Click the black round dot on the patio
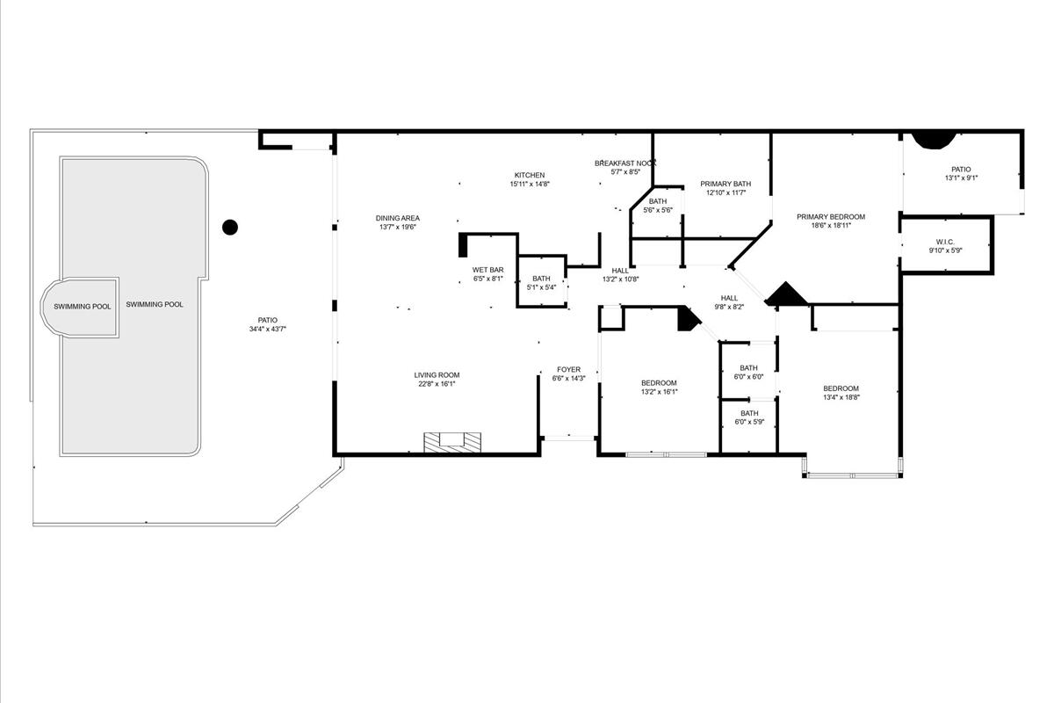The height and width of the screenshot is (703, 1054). click(x=230, y=228)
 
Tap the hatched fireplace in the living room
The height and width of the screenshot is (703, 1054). click(x=452, y=443)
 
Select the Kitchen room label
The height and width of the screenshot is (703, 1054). click(x=530, y=175)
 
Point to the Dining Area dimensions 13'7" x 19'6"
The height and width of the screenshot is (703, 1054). click(x=398, y=227)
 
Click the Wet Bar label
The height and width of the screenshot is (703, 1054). click(x=488, y=270)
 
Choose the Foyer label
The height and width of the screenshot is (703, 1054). click(x=569, y=370)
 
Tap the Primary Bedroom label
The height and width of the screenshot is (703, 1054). click(x=831, y=216)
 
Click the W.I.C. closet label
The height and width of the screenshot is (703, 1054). click(x=945, y=242)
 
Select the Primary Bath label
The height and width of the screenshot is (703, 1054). click(x=726, y=184)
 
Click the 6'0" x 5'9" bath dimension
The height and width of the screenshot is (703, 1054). click(x=749, y=422)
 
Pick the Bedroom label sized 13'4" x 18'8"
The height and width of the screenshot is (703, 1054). click(x=841, y=388)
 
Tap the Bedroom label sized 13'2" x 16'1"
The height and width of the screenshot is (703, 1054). click(x=659, y=383)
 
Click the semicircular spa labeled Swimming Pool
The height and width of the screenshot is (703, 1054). click(x=80, y=307)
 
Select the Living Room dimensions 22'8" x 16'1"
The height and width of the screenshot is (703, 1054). click(x=437, y=384)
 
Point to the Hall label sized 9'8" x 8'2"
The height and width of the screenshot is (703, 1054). click(x=729, y=298)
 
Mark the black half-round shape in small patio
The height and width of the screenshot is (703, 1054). click(x=934, y=140)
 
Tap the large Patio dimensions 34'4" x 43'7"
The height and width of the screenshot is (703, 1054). click(x=268, y=330)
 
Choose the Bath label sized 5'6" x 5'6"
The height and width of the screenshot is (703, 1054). click(x=658, y=201)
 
